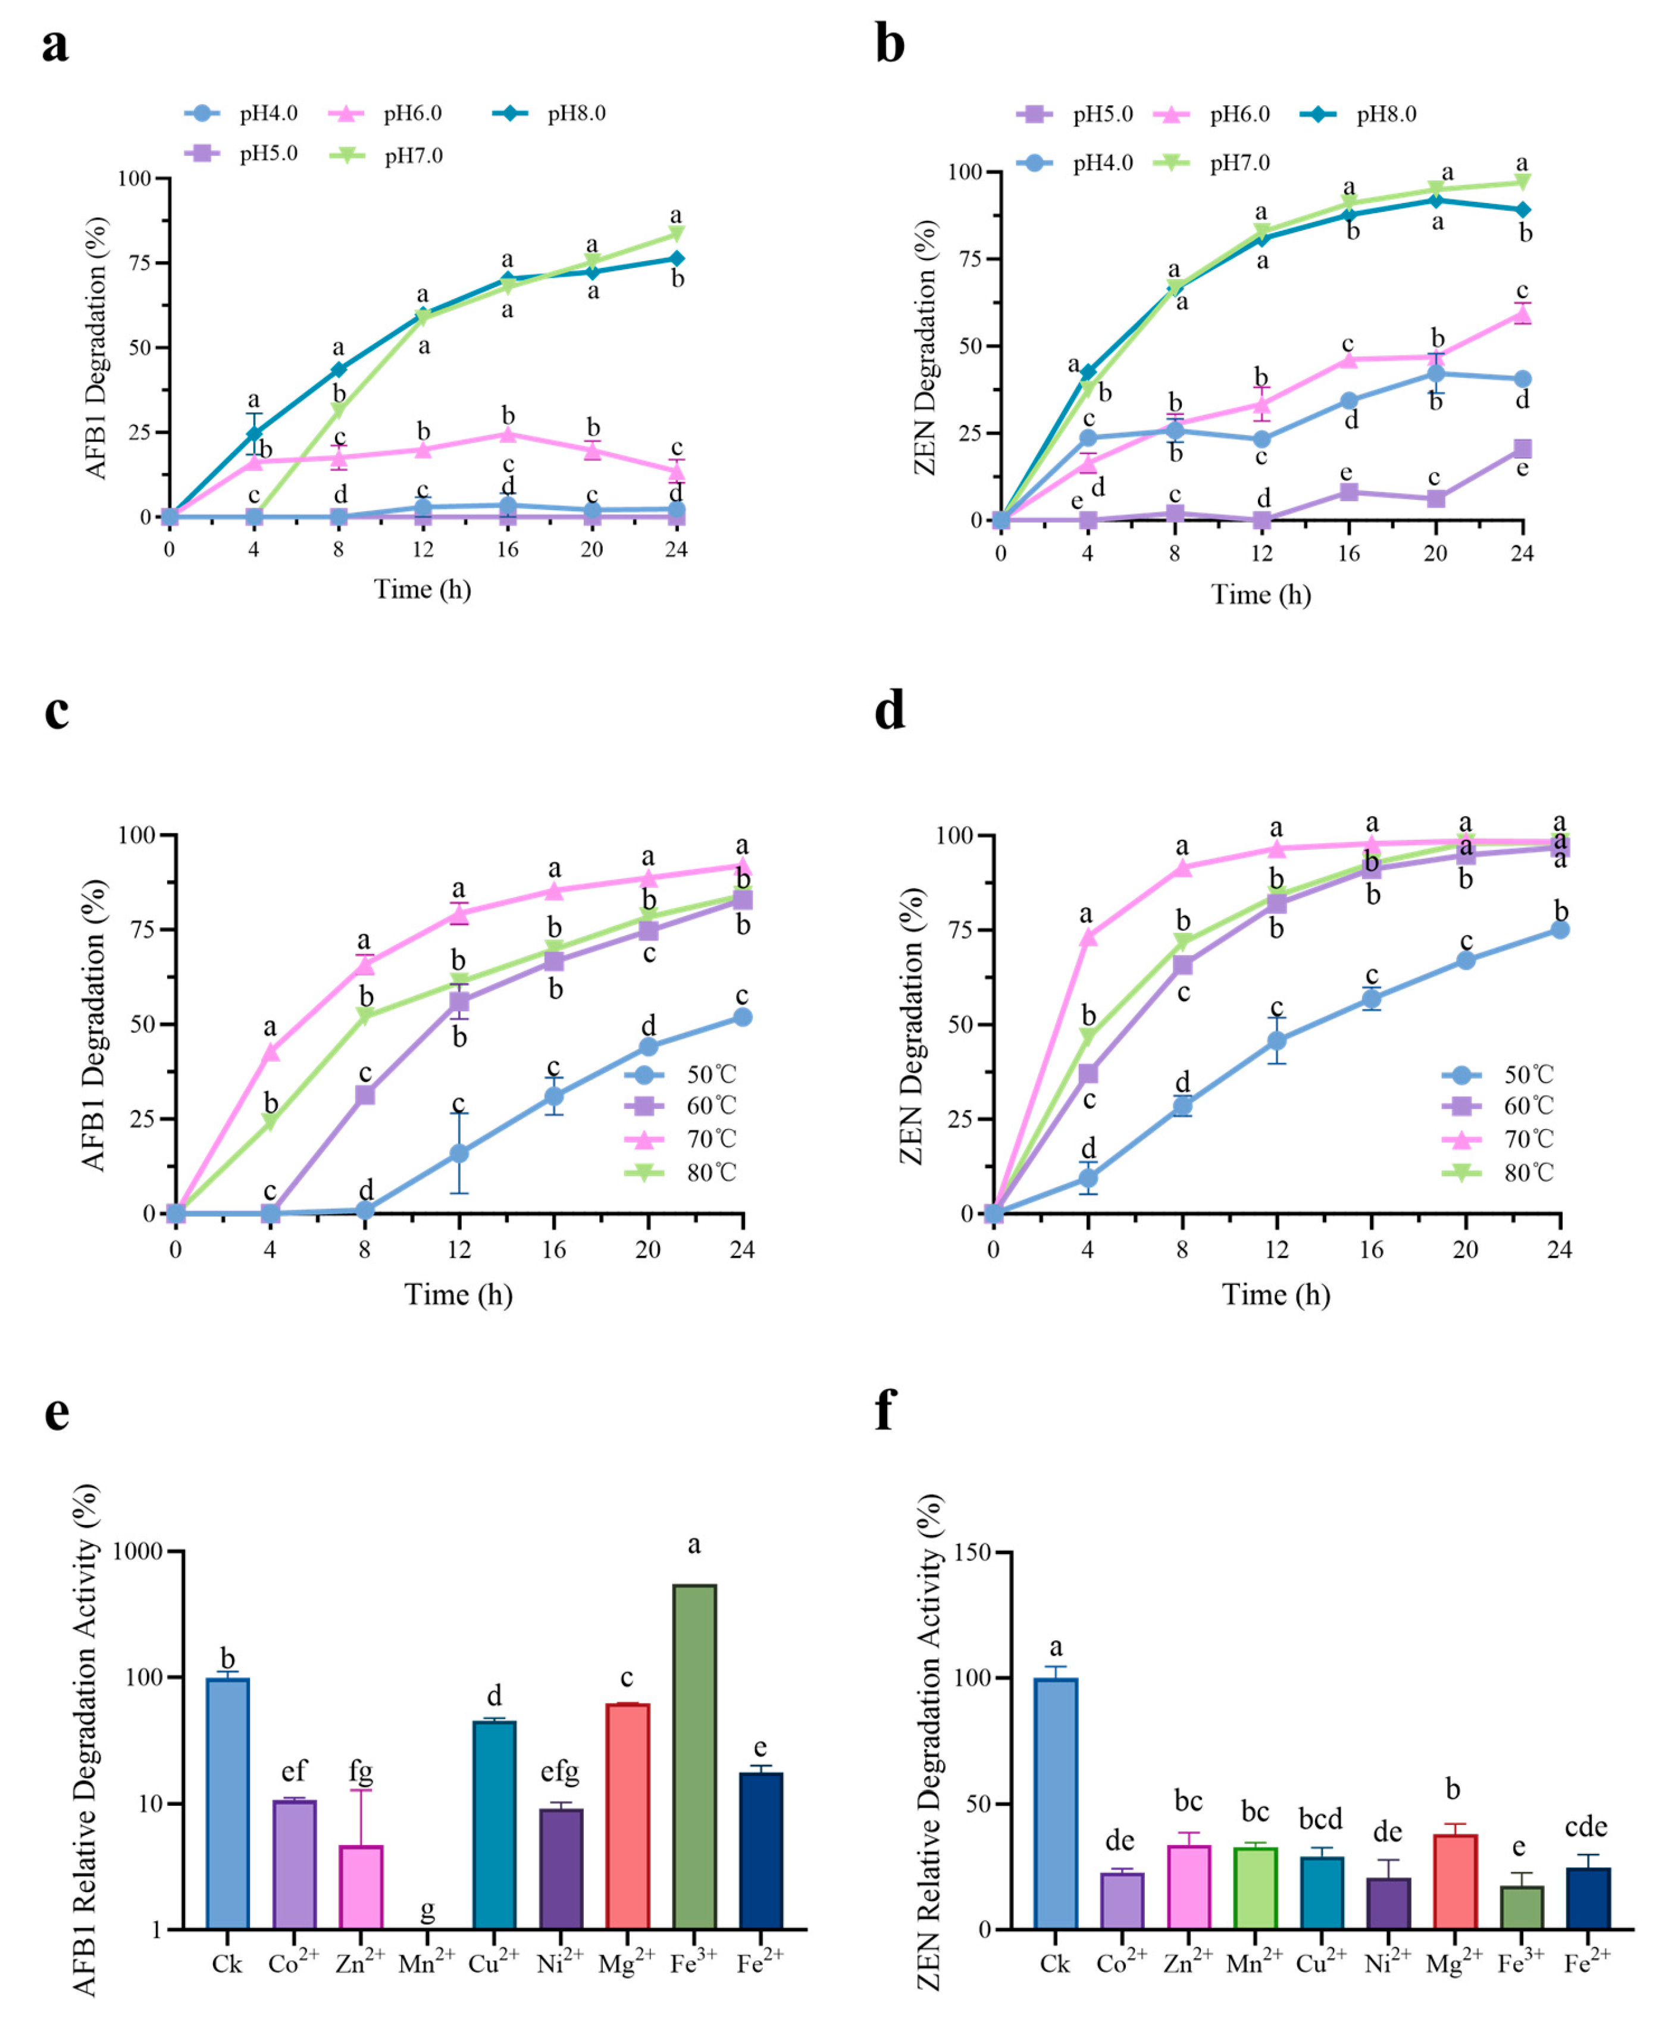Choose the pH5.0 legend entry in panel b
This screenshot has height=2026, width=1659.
(x=1073, y=115)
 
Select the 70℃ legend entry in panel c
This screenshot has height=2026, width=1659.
(x=680, y=1139)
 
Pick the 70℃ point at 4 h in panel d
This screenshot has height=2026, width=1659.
(x=1088, y=937)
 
